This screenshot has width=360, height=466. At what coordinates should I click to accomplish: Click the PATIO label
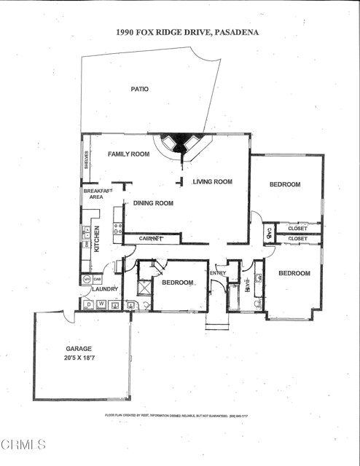[x=139, y=89]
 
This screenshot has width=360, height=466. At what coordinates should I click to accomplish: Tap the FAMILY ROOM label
[x=128, y=154]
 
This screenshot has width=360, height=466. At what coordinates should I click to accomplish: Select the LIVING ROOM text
[x=212, y=182]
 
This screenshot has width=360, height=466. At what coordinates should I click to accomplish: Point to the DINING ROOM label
[x=153, y=203]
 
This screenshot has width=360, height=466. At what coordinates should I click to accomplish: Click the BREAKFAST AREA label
[x=97, y=194]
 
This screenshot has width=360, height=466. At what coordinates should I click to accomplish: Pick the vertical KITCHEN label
[x=96, y=239]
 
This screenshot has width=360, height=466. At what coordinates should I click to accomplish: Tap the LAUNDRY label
[x=105, y=289]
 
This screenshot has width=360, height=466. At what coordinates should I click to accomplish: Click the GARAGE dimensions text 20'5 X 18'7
[x=79, y=358]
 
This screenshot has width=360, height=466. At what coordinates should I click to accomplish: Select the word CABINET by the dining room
[x=150, y=238]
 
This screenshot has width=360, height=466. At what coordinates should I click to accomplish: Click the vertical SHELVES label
[x=86, y=159]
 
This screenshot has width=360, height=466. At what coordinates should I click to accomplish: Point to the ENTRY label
[x=218, y=274]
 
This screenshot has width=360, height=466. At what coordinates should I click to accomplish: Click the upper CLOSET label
[x=297, y=229]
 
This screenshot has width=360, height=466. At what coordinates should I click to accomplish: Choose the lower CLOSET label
[x=297, y=239]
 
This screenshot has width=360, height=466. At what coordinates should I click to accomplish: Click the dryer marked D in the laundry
[x=88, y=304]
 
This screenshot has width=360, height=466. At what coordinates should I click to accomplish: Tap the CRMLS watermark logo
[x=23, y=443]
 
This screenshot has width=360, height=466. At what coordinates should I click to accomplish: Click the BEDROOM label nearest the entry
[x=178, y=283]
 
